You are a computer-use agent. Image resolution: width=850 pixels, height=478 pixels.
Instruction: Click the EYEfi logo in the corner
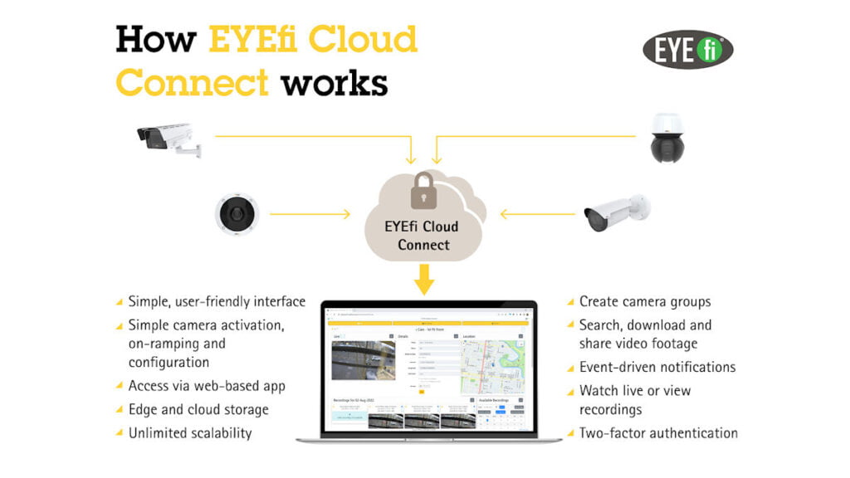coord(688,50)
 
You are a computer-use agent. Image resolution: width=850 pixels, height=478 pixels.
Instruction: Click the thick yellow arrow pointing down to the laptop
coord(424,280)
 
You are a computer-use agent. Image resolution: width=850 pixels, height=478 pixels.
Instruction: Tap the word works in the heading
coord(334,83)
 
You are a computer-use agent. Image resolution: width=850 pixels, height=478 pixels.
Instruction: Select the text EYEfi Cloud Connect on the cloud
coord(423,235)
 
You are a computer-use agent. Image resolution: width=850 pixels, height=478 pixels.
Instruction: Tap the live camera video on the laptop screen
coord(363,359)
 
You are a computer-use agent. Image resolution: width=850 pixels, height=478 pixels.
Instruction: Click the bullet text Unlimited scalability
coord(189,432)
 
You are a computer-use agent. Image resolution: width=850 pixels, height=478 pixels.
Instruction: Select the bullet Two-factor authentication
coord(658,432)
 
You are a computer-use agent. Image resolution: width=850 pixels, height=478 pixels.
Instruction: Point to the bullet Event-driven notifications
coord(657,367)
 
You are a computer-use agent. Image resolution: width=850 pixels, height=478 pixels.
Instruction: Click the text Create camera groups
coord(644,301)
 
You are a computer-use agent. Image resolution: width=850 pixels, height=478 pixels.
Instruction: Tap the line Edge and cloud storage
coord(198,409)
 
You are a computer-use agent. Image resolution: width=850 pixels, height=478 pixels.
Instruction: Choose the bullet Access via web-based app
coord(206,385)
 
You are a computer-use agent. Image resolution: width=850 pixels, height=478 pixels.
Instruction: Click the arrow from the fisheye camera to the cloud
coord(310,214)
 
